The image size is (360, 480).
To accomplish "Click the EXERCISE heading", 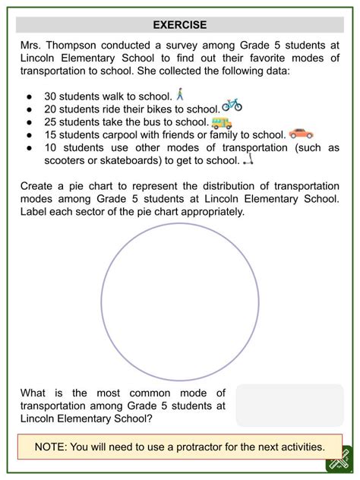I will tap(179, 25).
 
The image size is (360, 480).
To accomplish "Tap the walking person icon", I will tap(179, 95).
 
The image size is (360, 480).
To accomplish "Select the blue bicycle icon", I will tap(232, 106).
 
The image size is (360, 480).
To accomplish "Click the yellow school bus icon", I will tap(221, 122).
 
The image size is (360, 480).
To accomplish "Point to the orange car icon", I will tap(301, 133).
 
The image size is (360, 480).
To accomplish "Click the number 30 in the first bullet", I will tap(51, 96).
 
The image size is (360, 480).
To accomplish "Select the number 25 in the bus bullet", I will tap(51, 122).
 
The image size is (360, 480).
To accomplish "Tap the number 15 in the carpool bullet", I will tap(51, 135).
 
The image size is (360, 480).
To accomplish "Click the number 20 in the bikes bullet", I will tap(51, 109).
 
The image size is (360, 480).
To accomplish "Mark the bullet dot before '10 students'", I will tap(28, 148).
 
